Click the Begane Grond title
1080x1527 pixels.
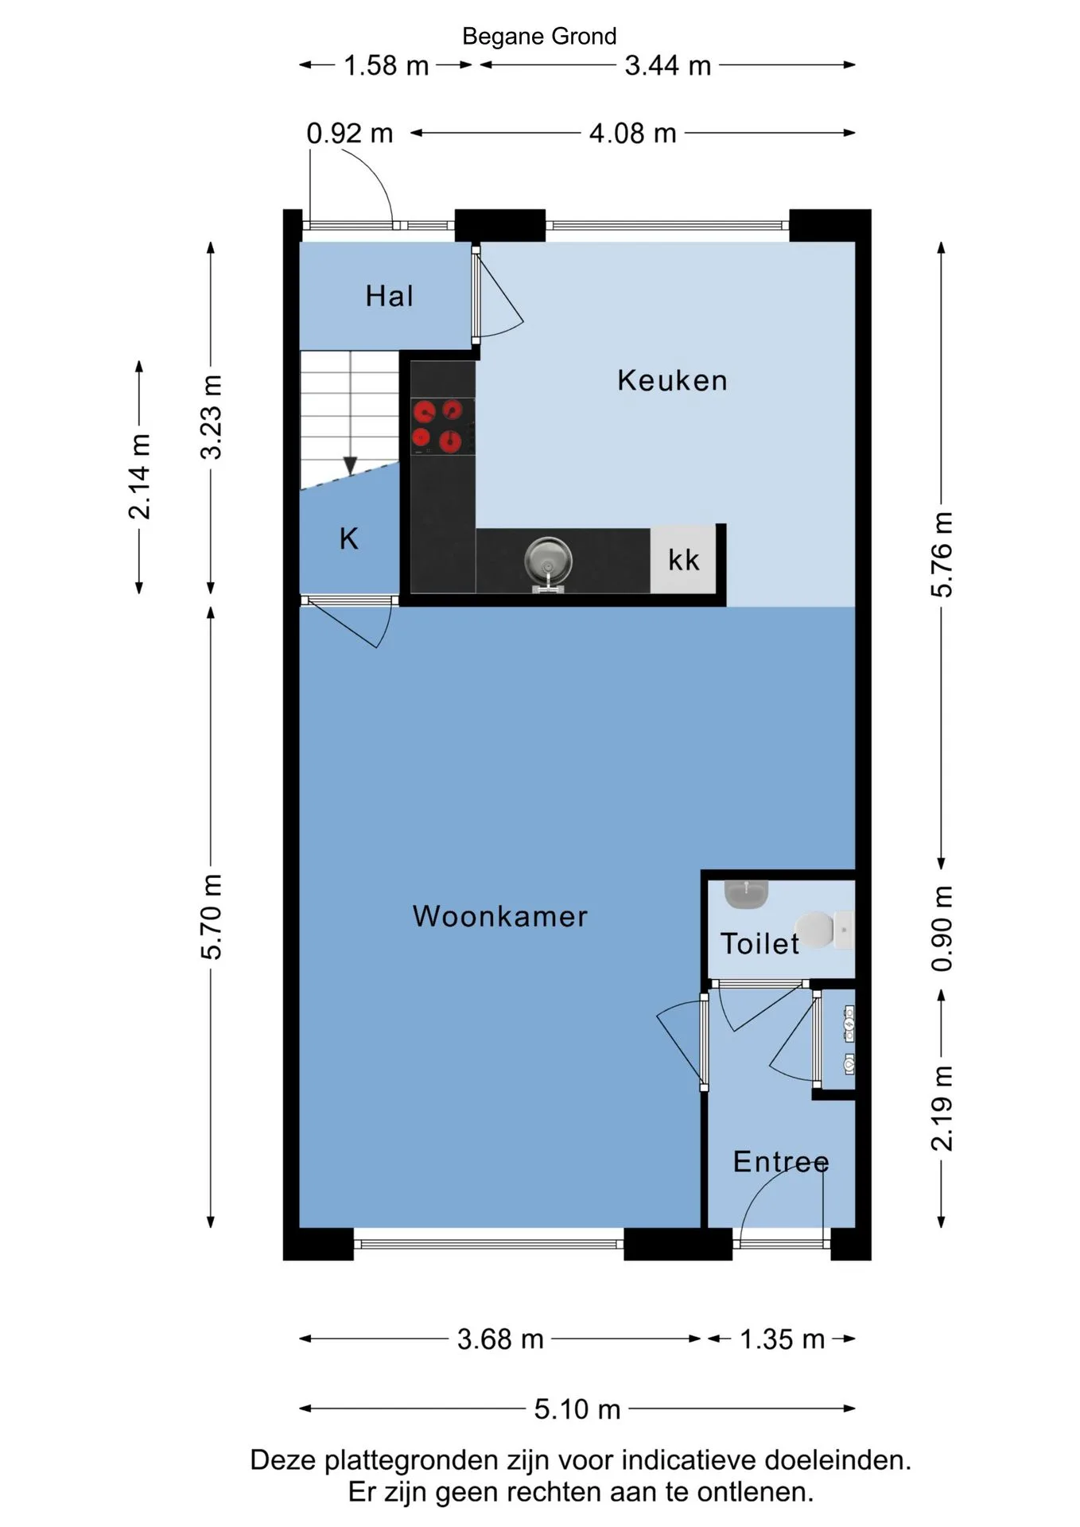[539, 37]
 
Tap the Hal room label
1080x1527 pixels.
[390, 296]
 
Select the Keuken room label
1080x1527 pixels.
[672, 380]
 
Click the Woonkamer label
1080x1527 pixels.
[500, 916]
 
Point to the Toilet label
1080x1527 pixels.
[759, 943]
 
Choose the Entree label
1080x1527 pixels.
[781, 1162]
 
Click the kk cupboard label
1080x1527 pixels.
[684, 560]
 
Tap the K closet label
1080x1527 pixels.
[349, 539]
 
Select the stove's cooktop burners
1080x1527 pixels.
[436, 425]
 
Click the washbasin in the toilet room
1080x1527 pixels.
[747, 894]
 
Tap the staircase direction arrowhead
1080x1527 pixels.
[350, 465]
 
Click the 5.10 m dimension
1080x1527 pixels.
[577, 1408]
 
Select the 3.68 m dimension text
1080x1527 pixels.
[500, 1339]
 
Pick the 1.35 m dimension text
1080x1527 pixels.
[783, 1339]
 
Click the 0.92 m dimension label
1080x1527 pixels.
[350, 133]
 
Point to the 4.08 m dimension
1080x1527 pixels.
[633, 133]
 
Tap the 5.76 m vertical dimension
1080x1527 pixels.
[942, 554]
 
